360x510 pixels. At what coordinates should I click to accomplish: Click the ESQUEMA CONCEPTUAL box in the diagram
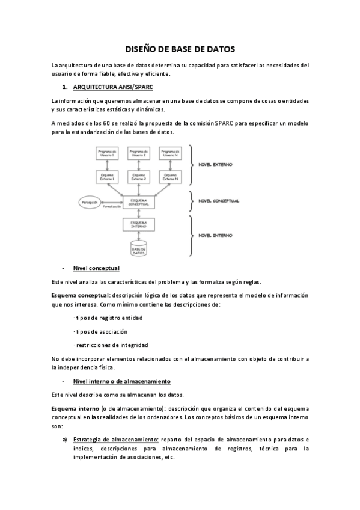[x=139, y=201]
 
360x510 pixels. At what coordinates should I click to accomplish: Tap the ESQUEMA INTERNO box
[x=139, y=224]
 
